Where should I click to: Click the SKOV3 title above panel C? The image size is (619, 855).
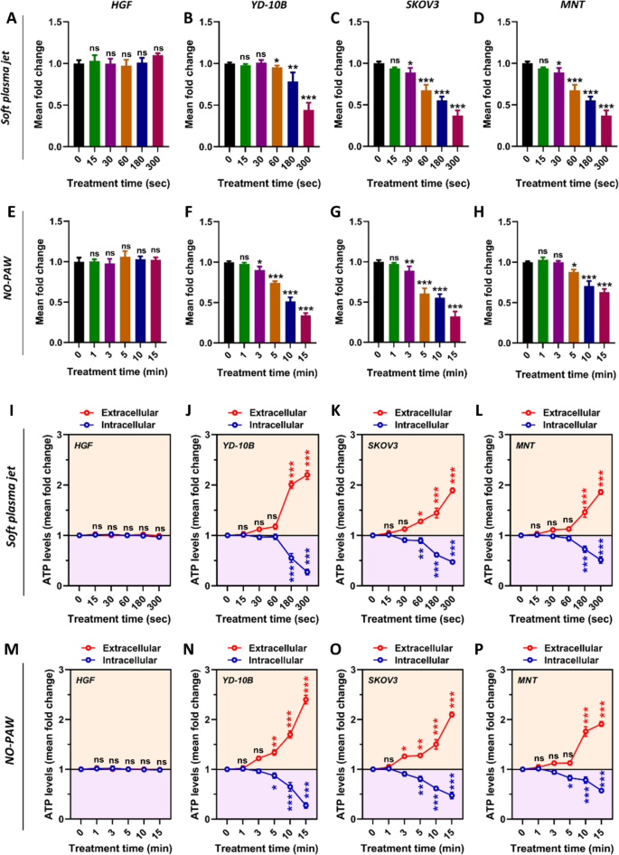point(404,8)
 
